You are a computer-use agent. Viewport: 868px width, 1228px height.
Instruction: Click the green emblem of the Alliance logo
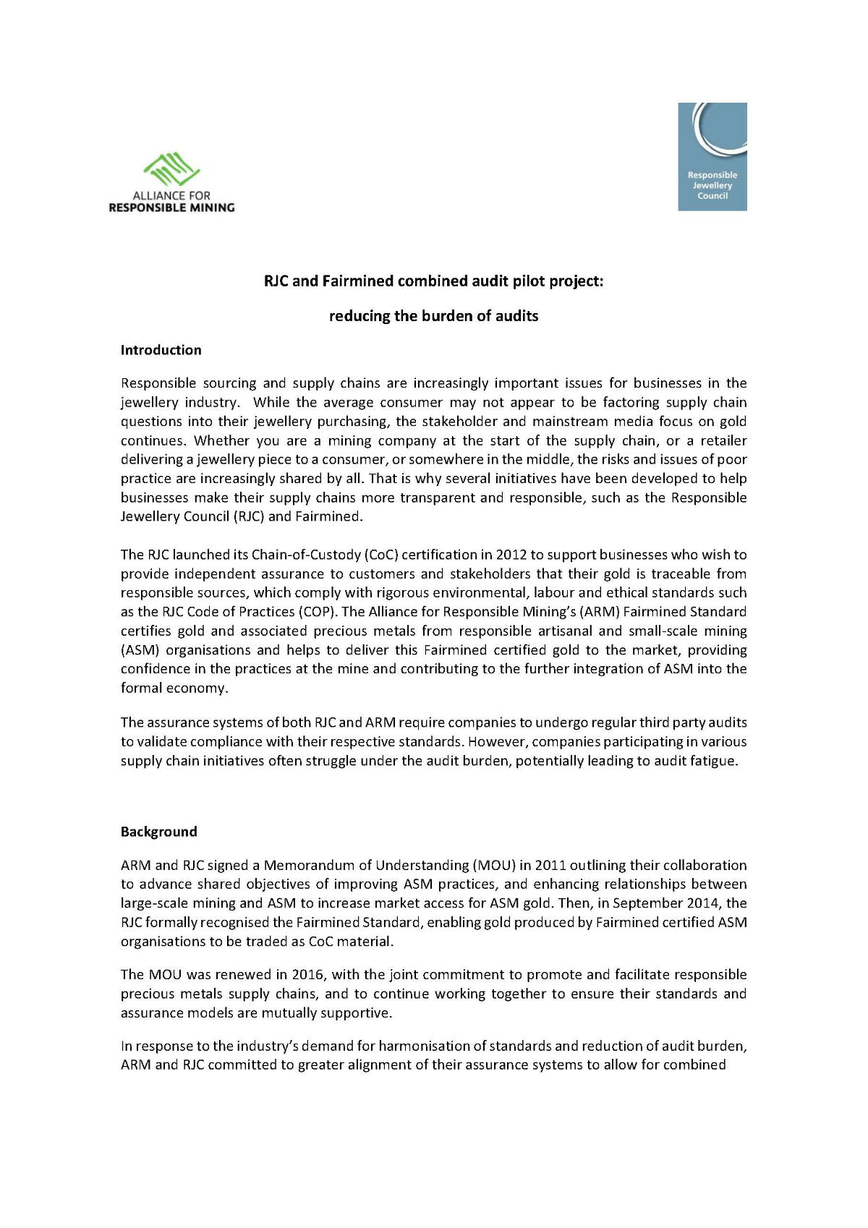pyautogui.click(x=171, y=169)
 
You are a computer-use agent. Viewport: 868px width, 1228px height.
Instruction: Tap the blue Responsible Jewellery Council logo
pyautogui.click(x=712, y=156)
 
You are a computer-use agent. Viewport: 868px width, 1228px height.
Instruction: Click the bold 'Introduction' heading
pyautogui.click(x=161, y=350)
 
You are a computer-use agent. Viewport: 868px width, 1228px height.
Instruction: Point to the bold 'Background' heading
pyautogui.click(x=158, y=832)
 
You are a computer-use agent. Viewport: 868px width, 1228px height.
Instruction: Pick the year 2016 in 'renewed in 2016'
pyautogui.click(x=307, y=975)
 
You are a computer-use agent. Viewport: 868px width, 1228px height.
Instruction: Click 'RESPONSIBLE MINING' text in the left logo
pyautogui.click(x=171, y=208)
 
